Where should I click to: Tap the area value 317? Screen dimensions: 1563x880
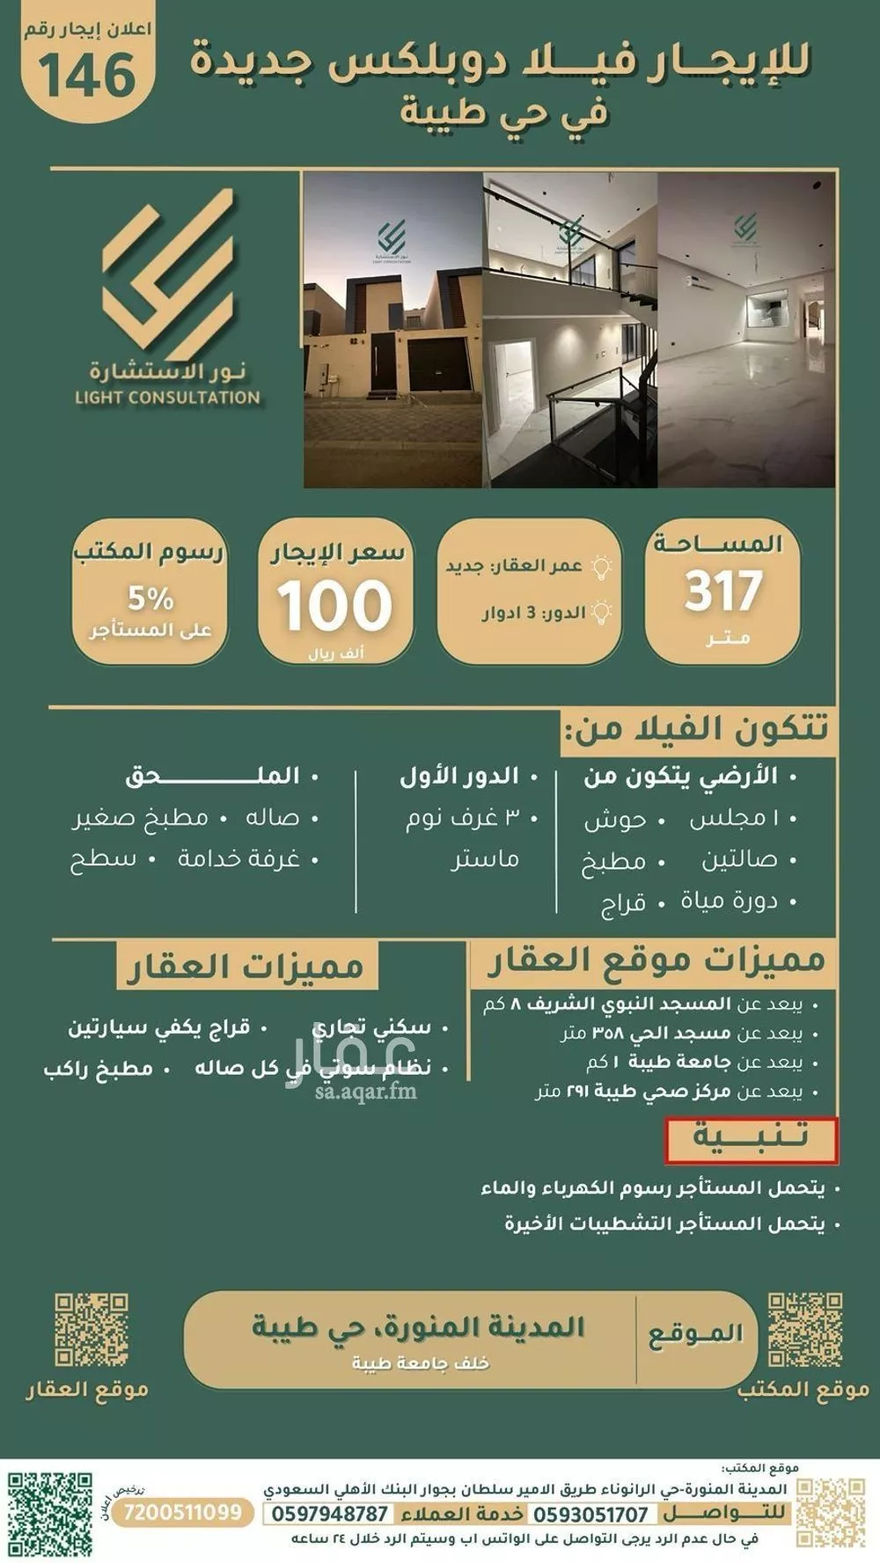722,592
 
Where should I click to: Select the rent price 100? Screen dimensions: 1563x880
334,605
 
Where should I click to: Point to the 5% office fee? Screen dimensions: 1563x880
150,599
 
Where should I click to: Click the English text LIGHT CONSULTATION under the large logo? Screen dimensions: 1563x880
167,398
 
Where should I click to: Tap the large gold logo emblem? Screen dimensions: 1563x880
168,268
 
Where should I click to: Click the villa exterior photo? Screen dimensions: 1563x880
392,330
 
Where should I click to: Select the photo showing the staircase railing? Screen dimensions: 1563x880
569,330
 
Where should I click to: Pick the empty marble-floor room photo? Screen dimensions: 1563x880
746,330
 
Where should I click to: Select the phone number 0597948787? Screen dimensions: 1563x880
329,1514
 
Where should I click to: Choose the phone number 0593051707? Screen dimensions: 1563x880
591,1514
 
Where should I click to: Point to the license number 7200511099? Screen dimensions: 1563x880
183,1512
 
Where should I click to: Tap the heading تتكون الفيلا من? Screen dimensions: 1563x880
696,729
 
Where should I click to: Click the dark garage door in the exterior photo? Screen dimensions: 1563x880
436,363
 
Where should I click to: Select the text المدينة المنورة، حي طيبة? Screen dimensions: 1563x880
418,1326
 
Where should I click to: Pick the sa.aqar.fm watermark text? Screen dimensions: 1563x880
365,1092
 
